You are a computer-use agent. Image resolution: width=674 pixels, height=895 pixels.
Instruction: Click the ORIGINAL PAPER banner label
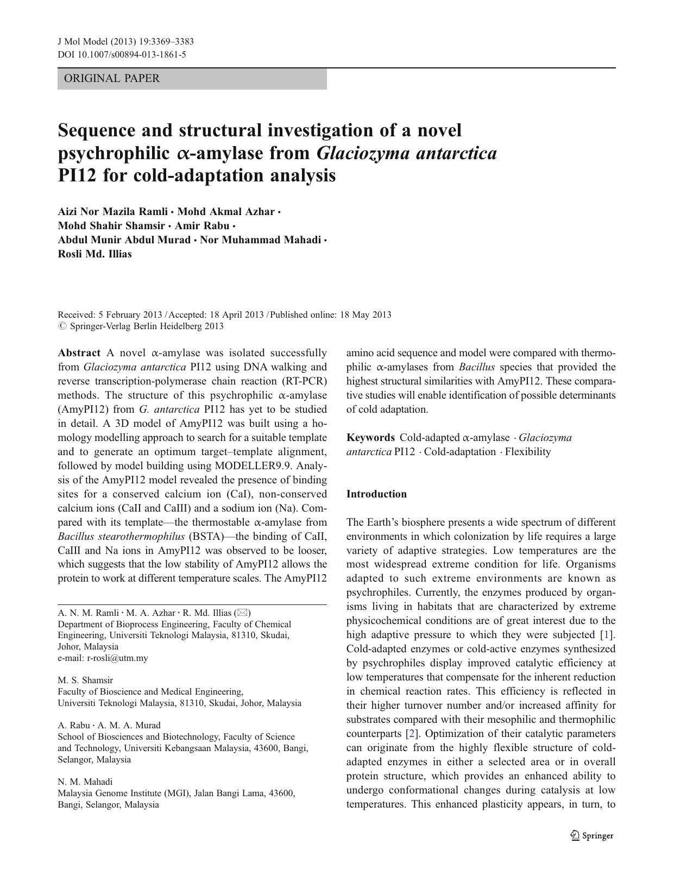pyautogui.click(x=112, y=78)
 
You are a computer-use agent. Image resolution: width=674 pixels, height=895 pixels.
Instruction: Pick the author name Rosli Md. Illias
pyautogui.click(x=95, y=254)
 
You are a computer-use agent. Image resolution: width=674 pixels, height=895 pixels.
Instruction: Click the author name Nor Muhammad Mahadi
pyautogui.click(x=260, y=239)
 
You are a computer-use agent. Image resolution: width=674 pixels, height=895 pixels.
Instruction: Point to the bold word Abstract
pyautogui.click(x=79, y=352)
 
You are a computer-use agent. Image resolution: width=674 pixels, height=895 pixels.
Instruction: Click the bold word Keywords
pyautogui.click(x=370, y=437)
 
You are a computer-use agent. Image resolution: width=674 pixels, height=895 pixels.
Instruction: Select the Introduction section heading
pyautogui.click(x=376, y=494)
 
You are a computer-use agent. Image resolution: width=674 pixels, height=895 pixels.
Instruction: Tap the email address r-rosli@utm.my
pyautogui.click(x=117, y=658)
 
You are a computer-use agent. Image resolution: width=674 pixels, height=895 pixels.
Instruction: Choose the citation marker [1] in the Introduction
pyautogui.click(x=607, y=634)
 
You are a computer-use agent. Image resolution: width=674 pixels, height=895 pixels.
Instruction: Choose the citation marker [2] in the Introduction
pyautogui.click(x=413, y=733)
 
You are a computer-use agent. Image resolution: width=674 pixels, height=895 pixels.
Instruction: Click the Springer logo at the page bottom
pyautogui.click(x=592, y=836)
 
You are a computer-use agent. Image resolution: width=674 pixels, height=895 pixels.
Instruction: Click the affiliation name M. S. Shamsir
pyautogui.click(x=85, y=680)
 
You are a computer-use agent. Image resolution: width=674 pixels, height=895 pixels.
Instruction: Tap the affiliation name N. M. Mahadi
pyautogui.click(x=85, y=781)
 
